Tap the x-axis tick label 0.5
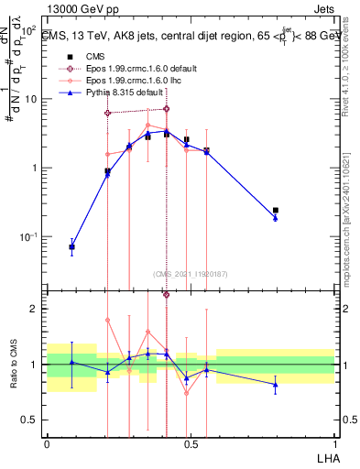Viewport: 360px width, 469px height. tap(191, 442)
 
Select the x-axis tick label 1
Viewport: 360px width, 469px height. tap(334, 442)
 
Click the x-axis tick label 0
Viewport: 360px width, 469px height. tap(47, 442)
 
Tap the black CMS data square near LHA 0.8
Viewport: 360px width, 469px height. tap(276, 211)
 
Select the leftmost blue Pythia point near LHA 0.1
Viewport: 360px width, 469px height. tap(72, 247)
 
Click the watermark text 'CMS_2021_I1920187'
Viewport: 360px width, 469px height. tap(191, 274)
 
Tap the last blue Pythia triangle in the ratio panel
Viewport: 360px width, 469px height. tap(276, 385)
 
